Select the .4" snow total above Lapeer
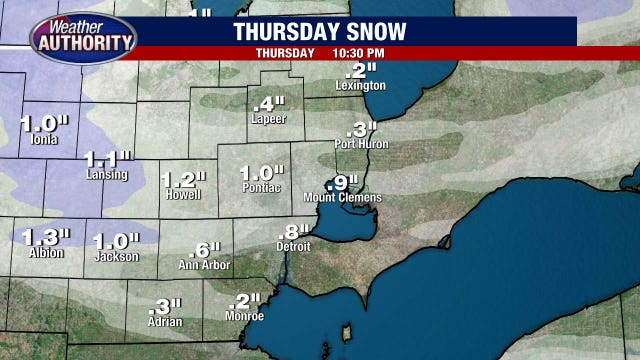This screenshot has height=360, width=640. [269, 104]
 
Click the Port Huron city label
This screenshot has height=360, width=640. [360, 144]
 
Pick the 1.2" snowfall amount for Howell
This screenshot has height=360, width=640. [182, 179]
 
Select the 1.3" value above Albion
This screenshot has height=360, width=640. [46, 237]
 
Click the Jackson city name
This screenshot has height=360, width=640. [115, 256]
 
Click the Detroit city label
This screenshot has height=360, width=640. [293, 246]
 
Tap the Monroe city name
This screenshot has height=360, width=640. [244, 316]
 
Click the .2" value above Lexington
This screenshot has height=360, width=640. [360, 71]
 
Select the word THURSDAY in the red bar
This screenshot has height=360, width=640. [285, 52]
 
